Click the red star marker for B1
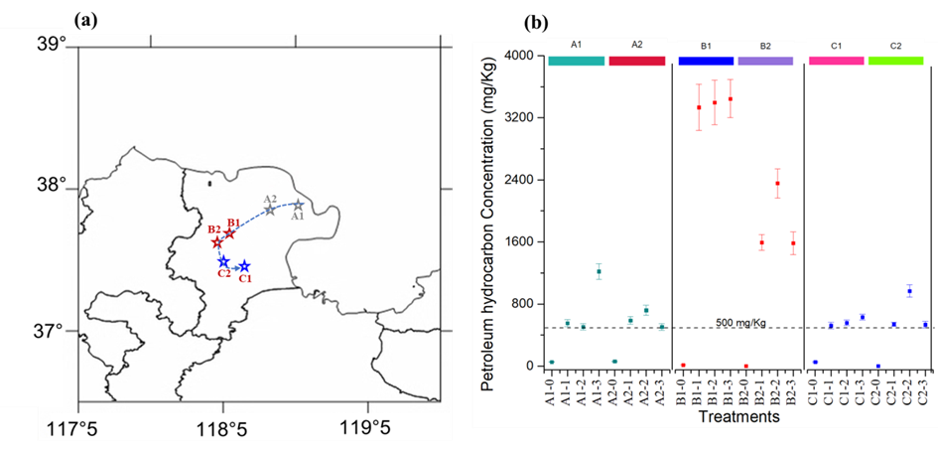[x=229, y=233]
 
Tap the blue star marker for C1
[x=244, y=266]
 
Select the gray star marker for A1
[x=298, y=205]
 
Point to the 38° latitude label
[x=51, y=186]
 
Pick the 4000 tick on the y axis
[x=523, y=56]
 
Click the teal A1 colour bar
[x=576, y=62]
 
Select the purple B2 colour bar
[x=765, y=62]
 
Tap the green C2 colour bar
[x=896, y=62]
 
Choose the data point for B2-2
[x=777, y=183]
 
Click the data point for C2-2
[x=909, y=291]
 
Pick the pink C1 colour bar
[x=836, y=62]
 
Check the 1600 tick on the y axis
[x=523, y=241]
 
